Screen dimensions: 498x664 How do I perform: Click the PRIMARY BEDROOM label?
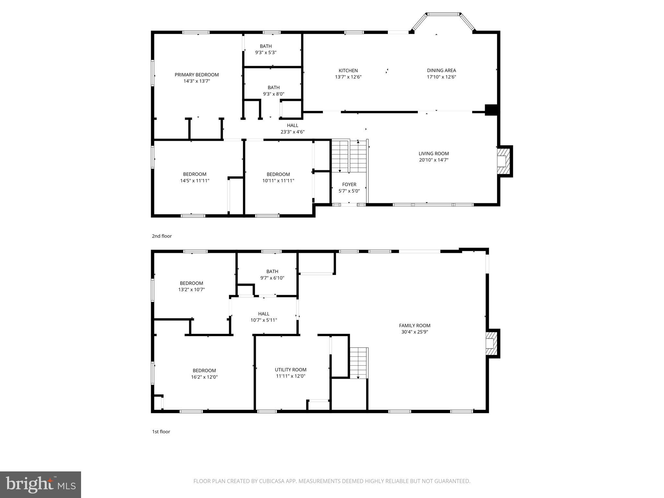click(196, 75)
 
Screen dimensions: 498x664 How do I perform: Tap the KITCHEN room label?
click(348, 70)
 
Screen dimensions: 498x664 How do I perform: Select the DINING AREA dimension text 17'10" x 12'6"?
click(441, 77)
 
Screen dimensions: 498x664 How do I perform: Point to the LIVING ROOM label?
click(433, 154)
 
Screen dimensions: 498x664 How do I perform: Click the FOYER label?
click(349, 184)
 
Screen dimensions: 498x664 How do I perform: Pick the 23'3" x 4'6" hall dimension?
click(292, 132)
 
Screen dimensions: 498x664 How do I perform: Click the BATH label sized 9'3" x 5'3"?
click(266, 46)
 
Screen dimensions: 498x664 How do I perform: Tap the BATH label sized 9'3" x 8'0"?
click(273, 88)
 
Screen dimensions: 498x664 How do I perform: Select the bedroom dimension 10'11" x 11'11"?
click(278, 181)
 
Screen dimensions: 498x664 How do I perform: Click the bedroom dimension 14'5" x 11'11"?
click(195, 181)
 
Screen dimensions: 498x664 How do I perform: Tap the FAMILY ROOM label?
click(414, 326)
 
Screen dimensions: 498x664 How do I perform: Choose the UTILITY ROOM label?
click(290, 370)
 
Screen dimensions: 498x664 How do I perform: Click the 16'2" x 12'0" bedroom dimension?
click(204, 377)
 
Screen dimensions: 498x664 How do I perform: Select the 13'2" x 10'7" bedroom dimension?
click(191, 290)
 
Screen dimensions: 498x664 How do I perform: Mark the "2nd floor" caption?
click(162, 236)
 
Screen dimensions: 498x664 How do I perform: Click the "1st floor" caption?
click(161, 432)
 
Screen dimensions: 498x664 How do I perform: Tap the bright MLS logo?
click(41, 484)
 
